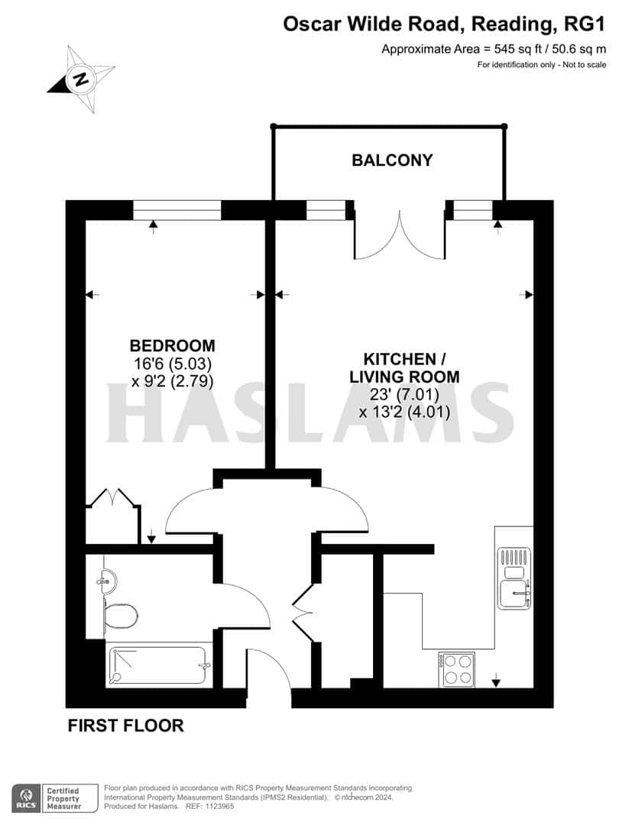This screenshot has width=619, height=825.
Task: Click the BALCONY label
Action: pos(391,160)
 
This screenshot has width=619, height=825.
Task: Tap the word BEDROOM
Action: pos(172,345)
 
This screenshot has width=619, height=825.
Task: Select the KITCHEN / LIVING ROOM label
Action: pos(404,367)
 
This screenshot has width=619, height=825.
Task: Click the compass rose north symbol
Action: pos(79,78)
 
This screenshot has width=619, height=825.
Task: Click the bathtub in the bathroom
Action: pos(159,665)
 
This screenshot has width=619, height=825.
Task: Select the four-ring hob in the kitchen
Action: pos(456,670)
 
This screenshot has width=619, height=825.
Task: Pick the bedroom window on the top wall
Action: pos(177,209)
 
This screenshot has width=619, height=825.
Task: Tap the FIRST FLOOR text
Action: pos(126,726)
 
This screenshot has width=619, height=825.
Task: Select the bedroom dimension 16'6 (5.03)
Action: pos(172,364)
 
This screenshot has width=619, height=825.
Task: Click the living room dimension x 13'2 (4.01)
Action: pos(404,412)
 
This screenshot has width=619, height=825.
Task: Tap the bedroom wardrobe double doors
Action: pos(113,501)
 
